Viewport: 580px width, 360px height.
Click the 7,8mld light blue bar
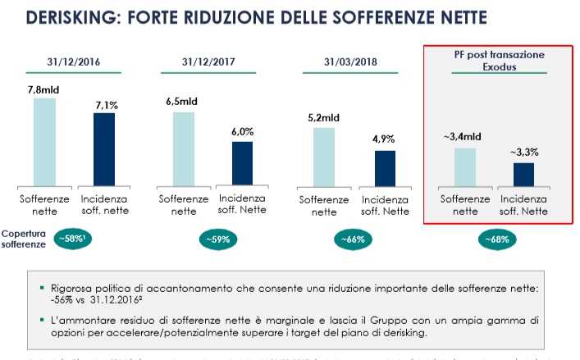click(44, 142)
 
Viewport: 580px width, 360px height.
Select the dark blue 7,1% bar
click(104, 149)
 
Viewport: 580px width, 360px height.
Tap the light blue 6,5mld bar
click(184, 148)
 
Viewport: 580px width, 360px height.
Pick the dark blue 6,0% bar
click(242, 163)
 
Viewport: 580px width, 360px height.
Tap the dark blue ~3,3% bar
click(523, 174)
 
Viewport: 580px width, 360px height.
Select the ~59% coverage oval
click(217, 239)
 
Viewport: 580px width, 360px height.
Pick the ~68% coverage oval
click(497, 239)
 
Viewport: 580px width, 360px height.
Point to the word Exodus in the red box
click(498, 67)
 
